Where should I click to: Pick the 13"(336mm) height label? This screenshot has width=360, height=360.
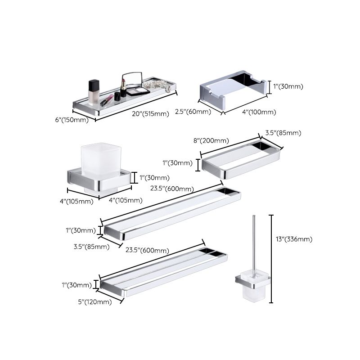coord(293,239)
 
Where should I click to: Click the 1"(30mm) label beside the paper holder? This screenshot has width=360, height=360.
coord(288,86)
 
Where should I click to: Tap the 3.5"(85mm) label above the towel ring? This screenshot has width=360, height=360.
coord(283,133)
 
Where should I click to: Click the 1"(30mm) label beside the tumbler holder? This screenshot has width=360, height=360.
coord(154,177)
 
